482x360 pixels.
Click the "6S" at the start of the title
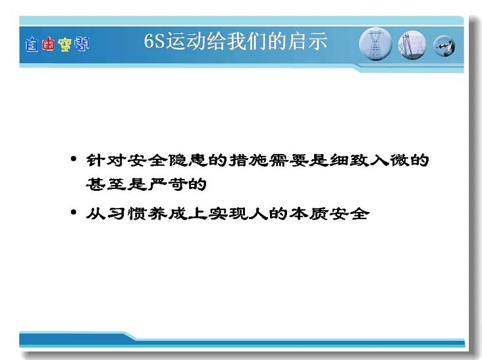click(x=155, y=41)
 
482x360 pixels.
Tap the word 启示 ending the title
click(x=308, y=41)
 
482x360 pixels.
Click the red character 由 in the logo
click(x=48, y=44)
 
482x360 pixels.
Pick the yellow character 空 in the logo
click(x=65, y=45)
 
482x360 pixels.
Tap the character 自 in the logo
click(x=32, y=45)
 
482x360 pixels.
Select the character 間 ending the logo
click(x=82, y=44)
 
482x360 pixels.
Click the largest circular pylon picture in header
click(x=375, y=44)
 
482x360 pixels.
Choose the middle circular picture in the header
click(x=412, y=45)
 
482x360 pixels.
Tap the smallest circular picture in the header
click(x=444, y=46)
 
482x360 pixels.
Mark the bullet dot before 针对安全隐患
click(x=73, y=159)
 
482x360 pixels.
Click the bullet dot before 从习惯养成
click(x=73, y=212)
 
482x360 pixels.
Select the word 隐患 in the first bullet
click(x=188, y=160)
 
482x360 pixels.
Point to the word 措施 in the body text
click(x=248, y=160)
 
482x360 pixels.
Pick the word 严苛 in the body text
click(x=167, y=184)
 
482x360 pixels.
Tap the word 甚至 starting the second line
click(x=106, y=184)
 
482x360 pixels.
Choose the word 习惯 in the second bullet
click(x=126, y=213)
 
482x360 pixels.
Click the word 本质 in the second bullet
click(x=309, y=213)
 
